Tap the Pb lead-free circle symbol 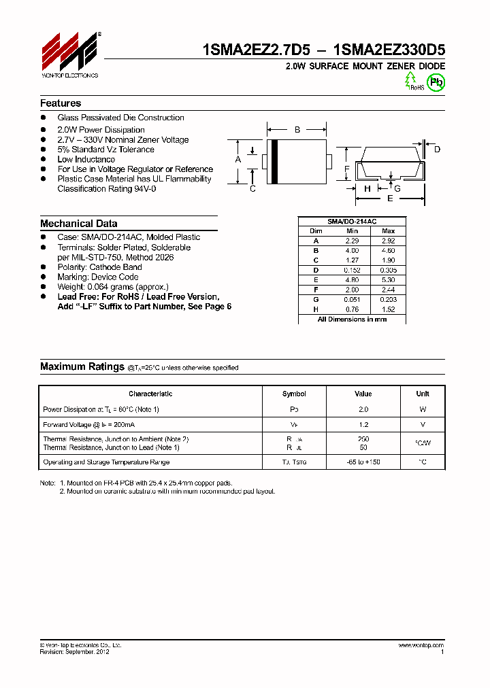pyautogui.click(x=436, y=82)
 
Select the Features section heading pyautogui.click(x=61, y=103)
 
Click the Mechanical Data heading pyautogui.click(x=78, y=224)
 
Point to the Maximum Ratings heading pyautogui.click(x=82, y=366)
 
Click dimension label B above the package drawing pyautogui.click(x=297, y=129)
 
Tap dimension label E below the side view pyautogui.click(x=390, y=199)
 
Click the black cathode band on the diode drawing pyautogui.click(x=274, y=160)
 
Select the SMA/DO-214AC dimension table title pyautogui.click(x=352, y=222)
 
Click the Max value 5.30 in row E pyautogui.click(x=389, y=279)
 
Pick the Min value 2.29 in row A pyautogui.click(x=352, y=241)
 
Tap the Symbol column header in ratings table pyautogui.click(x=294, y=394)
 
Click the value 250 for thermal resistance pyautogui.click(x=363, y=439)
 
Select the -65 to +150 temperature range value pyautogui.click(x=363, y=462)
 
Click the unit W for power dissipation pyautogui.click(x=423, y=409)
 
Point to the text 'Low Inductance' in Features pyautogui.click(x=86, y=159)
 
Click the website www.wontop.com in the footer pyautogui.click(x=421, y=645)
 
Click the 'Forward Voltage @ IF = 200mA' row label pyautogui.click(x=88, y=424)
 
